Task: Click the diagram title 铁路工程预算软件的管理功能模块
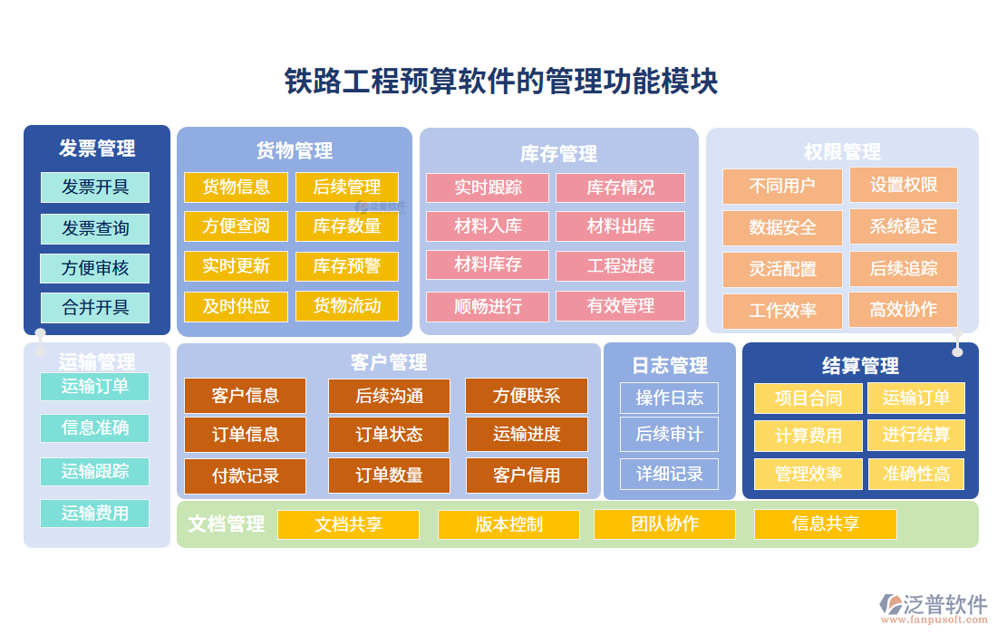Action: point(500,81)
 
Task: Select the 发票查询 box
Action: point(95,228)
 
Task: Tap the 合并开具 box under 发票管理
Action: point(95,307)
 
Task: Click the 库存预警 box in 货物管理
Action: point(347,265)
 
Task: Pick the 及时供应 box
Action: point(236,306)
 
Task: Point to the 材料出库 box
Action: point(620,226)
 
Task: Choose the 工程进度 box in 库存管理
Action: point(620,265)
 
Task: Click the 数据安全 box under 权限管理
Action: point(782,227)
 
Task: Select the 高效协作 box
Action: point(903,310)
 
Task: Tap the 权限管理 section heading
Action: point(842,151)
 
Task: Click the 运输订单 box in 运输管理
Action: point(95,387)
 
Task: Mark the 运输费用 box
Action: point(95,514)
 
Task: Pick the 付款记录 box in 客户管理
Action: point(246,475)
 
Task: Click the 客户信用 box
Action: point(527,475)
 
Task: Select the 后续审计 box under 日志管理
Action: point(669,435)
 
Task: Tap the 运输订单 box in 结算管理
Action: point(915,398)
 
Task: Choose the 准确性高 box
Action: point(915,474)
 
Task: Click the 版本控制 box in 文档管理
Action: point(508,524)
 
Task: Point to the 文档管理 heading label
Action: point(227,524)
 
